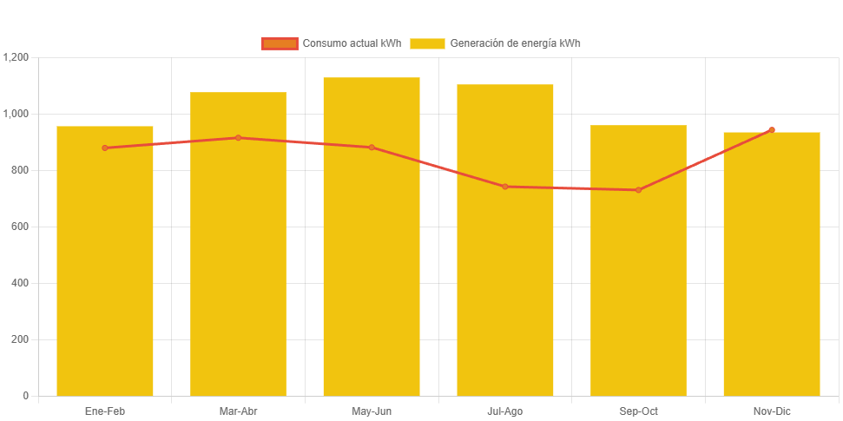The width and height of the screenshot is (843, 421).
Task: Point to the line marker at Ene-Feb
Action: point(105,148)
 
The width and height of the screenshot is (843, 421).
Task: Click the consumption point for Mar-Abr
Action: point(238,137)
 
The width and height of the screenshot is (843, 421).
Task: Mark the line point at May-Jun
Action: point(372,148)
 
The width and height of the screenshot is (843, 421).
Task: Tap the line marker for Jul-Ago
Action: point(505,187)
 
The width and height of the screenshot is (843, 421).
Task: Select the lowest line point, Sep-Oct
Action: point(638,190)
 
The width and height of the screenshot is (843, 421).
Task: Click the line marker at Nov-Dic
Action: point(772,129)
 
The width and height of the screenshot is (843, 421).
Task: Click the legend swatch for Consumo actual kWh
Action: point(280,43)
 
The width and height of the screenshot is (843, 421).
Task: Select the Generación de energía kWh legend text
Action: point(515,43)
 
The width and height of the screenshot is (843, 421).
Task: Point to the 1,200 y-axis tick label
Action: point(16,57)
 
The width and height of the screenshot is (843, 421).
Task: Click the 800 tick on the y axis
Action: point(20,170)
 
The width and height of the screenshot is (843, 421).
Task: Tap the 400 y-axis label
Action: point(20,283)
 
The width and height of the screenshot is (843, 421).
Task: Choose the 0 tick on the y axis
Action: point(25,396)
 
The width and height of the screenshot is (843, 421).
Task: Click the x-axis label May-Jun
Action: point(372,411)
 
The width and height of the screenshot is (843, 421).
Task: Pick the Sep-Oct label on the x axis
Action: point(638,411)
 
